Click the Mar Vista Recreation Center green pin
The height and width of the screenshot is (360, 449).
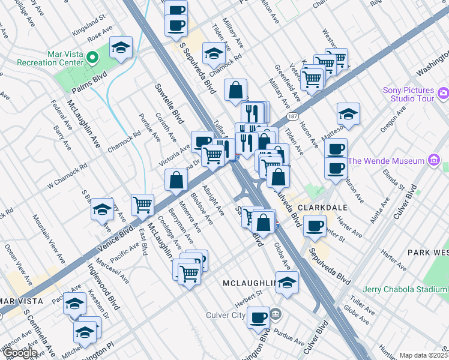(x=92, y=58)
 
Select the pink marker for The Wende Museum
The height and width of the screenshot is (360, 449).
(x=434, y=160)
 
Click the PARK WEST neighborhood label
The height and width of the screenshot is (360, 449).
(x=428, y=252)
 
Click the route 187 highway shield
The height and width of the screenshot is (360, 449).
(x=292, y=115)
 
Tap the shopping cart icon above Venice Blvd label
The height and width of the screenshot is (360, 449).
(x=143, y=204)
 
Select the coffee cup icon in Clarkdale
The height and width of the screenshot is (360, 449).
(x=315, y=225)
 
